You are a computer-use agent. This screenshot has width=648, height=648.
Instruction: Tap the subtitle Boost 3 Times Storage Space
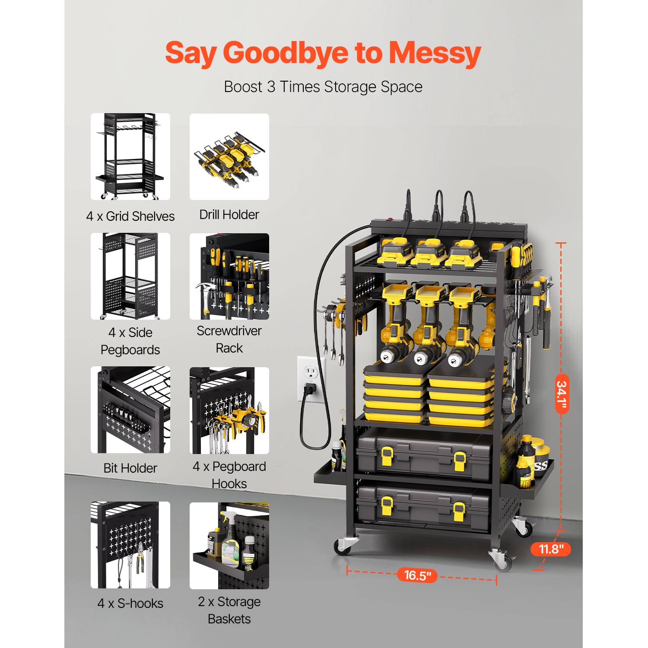point(323,87)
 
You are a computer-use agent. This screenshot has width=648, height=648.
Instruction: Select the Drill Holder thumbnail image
point(229,157)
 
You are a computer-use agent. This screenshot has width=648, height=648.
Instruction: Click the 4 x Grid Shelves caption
point(130,216)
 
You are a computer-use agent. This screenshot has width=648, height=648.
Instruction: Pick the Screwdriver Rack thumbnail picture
point(229,276)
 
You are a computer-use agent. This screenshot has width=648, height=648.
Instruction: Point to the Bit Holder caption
point(130,468)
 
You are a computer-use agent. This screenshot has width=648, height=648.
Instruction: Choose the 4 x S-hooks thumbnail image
point(130,545)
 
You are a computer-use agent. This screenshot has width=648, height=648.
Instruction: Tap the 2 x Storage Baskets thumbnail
point(229,546)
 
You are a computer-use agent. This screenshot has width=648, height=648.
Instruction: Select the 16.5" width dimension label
point(417,575)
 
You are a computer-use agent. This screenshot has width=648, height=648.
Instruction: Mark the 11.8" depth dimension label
point(551,549)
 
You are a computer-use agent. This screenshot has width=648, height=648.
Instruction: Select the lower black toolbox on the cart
point(423,505)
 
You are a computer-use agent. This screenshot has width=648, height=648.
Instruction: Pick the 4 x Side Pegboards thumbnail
point(130,276)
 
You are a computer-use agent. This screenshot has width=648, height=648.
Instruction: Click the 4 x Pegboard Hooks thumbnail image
point(229,410)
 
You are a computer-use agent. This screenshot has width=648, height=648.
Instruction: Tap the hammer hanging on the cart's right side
point(545,311)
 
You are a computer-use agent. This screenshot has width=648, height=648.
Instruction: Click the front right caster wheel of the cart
point(502,559)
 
